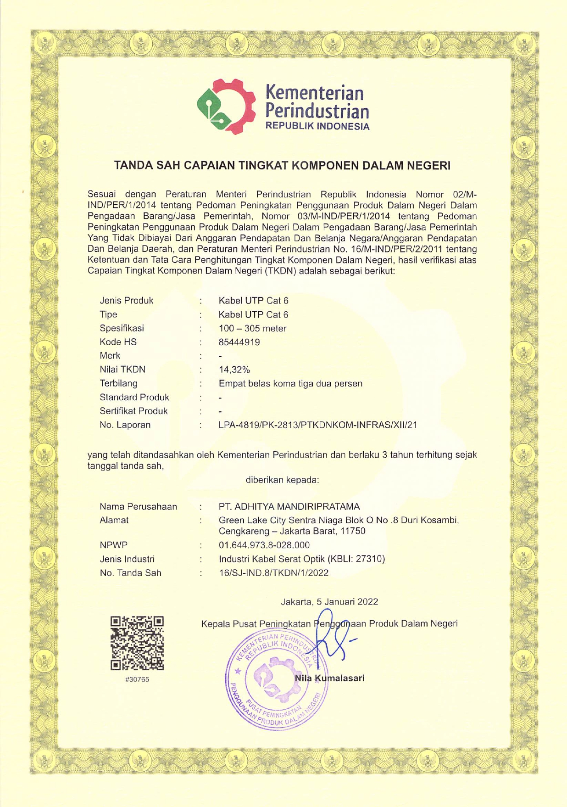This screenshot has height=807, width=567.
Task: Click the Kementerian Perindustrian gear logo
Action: [226, 106]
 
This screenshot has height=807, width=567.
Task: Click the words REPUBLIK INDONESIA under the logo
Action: [317, 127]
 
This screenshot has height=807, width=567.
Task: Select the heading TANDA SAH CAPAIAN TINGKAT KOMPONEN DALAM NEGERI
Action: [282, 166]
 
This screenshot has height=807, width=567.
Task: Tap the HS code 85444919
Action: [239, 342]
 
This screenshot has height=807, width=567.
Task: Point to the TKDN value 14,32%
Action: [234, 370]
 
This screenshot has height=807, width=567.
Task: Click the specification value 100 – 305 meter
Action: [252, 328]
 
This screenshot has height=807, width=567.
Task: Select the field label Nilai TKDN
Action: [122, 370]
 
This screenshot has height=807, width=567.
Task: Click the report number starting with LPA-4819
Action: [317, 425]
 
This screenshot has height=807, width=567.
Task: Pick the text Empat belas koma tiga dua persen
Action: [290, 383]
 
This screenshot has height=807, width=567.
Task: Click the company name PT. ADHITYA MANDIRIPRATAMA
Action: [289, 507]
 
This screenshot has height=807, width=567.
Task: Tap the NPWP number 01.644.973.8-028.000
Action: [264, 545]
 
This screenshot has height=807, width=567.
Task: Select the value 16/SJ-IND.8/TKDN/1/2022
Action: [273, 573]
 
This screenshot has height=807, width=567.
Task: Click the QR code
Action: [137, 643]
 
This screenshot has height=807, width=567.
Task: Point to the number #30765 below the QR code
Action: [137, 679]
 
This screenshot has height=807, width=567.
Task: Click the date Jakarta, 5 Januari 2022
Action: [329, 601]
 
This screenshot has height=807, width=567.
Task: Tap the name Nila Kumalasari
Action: [329, 678]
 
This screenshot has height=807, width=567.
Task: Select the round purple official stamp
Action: [275, 679]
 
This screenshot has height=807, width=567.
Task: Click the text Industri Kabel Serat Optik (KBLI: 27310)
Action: [301, 559]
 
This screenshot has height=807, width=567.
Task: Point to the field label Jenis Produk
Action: [127, 301]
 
